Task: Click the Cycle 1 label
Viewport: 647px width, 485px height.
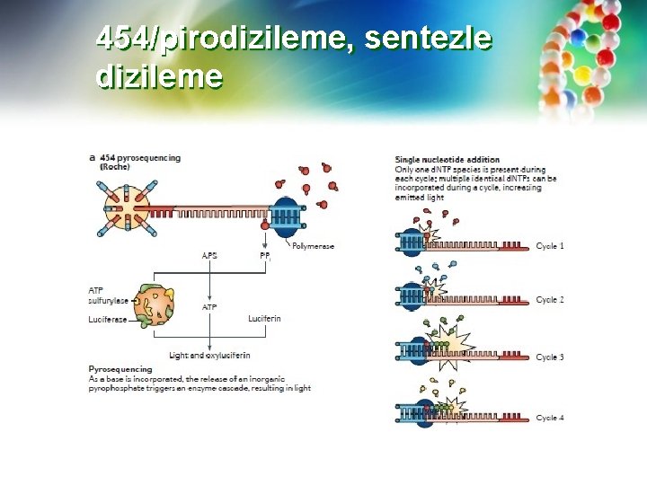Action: [x=550, y=246]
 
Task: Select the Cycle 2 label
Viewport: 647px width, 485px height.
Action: [x=550, y=300]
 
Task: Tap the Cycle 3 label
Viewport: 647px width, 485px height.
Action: [x=550, y=357]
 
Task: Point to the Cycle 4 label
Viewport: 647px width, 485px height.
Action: [x=550, y=418]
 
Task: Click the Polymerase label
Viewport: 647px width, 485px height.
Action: [x=312, y=244]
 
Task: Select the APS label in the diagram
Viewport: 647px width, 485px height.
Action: [x=209, y=255]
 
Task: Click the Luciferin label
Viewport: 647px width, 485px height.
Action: [x=264, y=319]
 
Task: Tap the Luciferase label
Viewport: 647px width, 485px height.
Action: [x=106, y=319]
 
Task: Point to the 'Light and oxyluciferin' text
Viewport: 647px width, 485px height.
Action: [x=209, y=356]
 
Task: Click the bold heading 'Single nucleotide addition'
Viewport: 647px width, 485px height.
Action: [x=448, y=160]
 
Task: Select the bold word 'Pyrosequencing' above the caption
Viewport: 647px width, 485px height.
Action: [x=120, y=369]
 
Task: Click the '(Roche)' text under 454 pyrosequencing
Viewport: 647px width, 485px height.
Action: [x=115, y=167]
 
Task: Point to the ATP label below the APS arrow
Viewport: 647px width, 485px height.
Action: [x=209, y=307]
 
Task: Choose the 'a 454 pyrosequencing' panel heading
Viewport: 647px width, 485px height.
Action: [x=135, y=157]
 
